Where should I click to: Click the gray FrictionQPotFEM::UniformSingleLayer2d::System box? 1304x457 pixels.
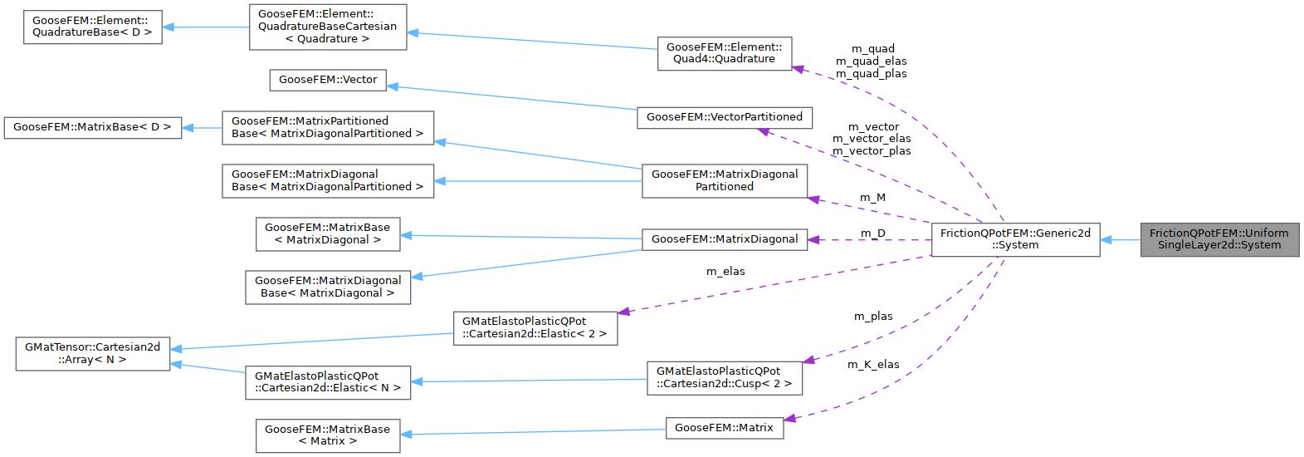pos(1219,239)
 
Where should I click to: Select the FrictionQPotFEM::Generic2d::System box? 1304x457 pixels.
pos(1014,239)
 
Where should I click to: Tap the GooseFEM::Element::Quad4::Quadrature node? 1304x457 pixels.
pos(724,53)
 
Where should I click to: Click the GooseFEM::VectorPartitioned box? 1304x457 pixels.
pos(724,117)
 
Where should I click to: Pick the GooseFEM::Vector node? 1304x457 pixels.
pos(327,80)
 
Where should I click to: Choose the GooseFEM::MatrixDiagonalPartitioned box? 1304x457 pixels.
pos(724,180)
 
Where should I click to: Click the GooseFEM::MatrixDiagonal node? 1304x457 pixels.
pos(724,239)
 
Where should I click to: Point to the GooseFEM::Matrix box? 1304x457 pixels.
pos(724,428)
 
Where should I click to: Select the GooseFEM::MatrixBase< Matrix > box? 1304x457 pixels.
pos(327,435)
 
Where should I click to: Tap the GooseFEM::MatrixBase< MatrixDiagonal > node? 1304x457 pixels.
pos(327,233)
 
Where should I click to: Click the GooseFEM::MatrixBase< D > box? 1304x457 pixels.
pos(92,127)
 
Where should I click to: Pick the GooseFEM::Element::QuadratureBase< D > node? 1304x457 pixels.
pos(92,27)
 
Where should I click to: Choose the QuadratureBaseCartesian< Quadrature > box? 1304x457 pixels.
pos(327,27)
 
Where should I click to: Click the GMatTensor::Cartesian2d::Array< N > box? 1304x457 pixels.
pos(92,353)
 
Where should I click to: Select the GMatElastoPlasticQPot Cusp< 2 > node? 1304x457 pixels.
pos(724,377)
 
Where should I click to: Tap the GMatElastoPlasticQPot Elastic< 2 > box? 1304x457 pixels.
pos(535,327)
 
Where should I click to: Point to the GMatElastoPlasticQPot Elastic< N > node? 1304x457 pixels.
pos(327,382)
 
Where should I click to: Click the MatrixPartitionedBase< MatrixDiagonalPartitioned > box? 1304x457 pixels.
pos(327,127)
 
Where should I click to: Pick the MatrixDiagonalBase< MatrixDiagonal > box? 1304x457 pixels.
pos(327,287)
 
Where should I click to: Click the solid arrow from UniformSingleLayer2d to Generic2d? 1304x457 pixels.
pos(1121,240)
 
